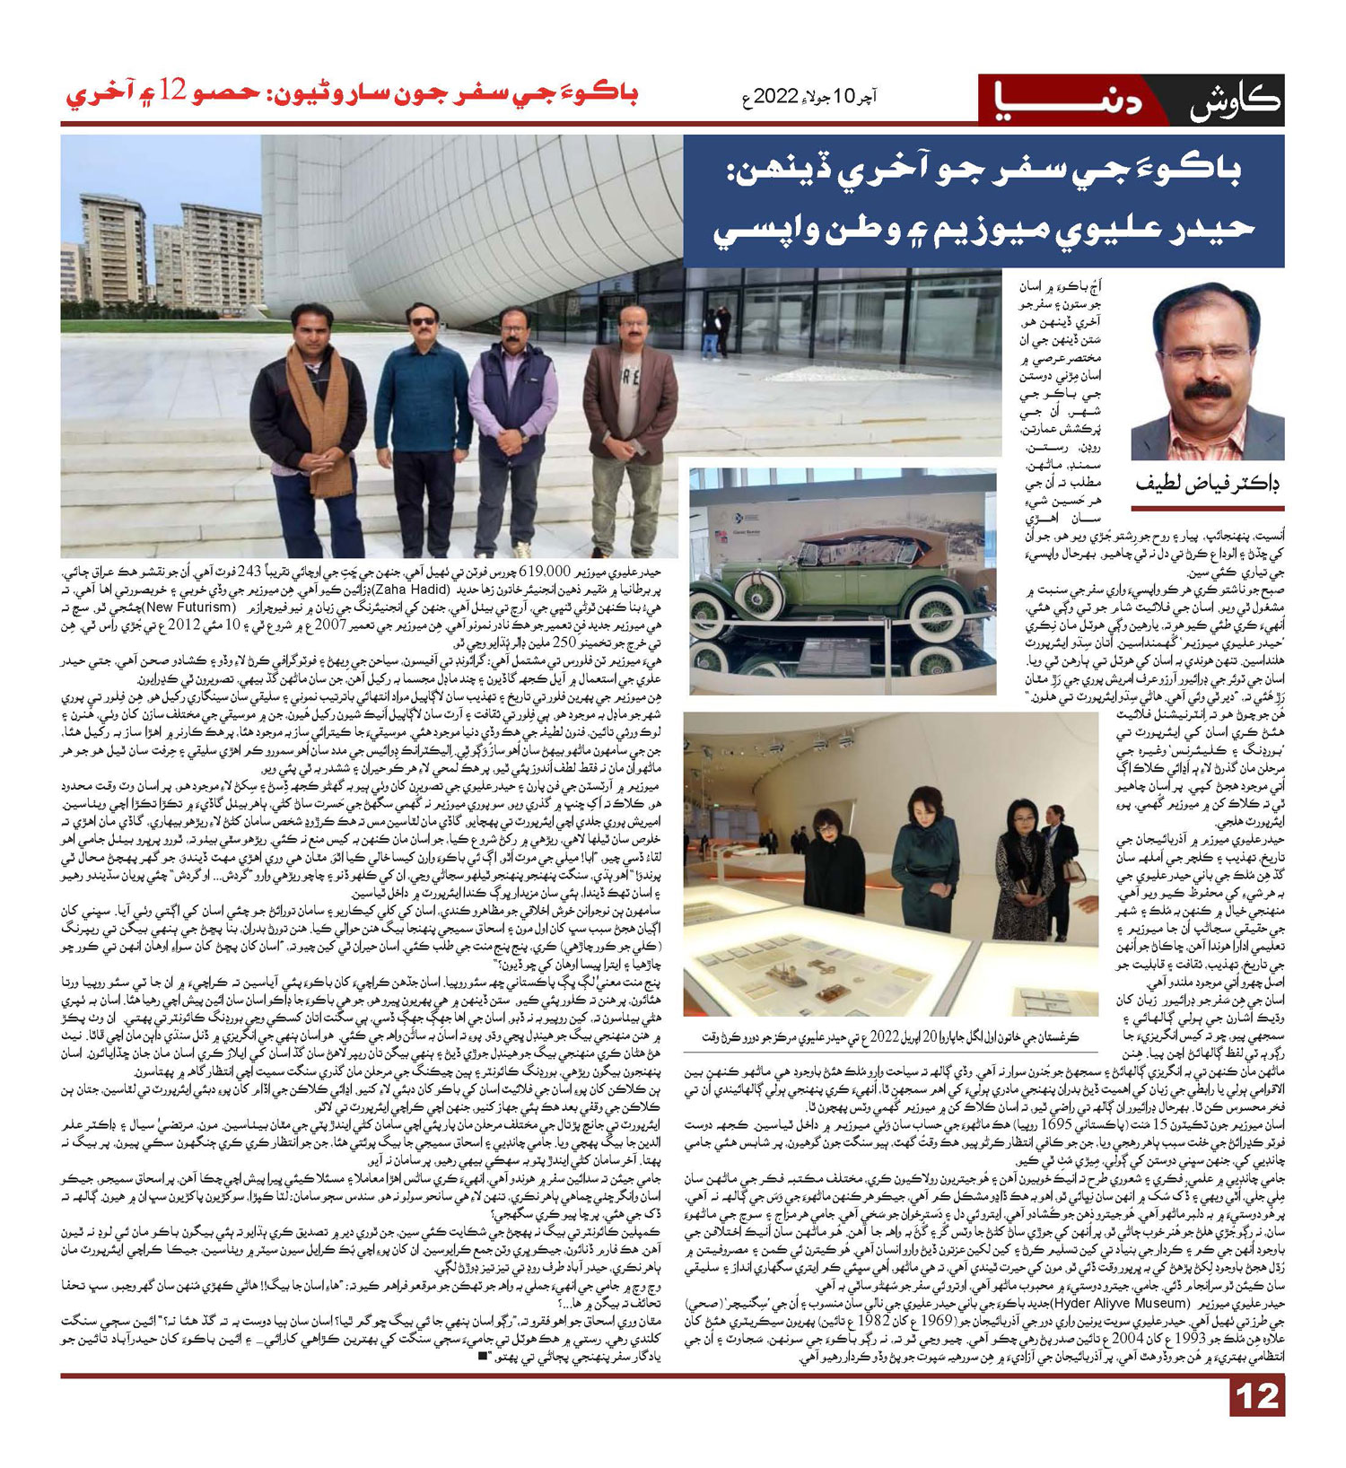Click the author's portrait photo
pyautogui.click(x=1207, y=371)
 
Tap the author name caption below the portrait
pyautogui.click(x=1207, y=484)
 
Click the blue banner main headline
pyautogui.click(x=983, y=201)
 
